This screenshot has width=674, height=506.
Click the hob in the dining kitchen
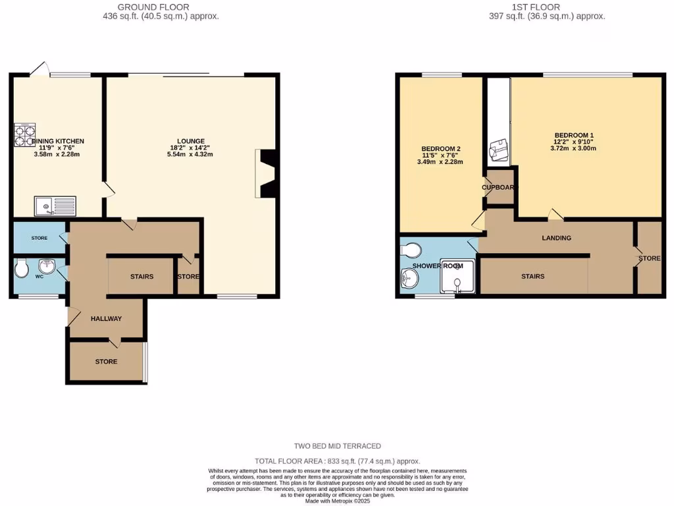coord(25,135)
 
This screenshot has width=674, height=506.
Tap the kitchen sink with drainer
coord(55,206)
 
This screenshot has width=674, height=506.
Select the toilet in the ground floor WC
coord(22,269)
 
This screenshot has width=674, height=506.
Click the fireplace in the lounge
coord(268,173)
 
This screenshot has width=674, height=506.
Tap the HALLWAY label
coord(106,319)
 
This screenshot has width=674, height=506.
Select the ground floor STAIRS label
coord(142,277)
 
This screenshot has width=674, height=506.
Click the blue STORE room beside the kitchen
coord(39,238)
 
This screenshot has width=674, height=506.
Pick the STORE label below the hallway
coord(106,362)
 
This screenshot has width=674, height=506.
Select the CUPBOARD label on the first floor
coord(500,188)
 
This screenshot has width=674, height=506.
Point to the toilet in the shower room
coord(411,250)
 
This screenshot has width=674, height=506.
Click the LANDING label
coord(556,238)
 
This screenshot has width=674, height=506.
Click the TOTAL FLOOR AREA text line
coord(337,461)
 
